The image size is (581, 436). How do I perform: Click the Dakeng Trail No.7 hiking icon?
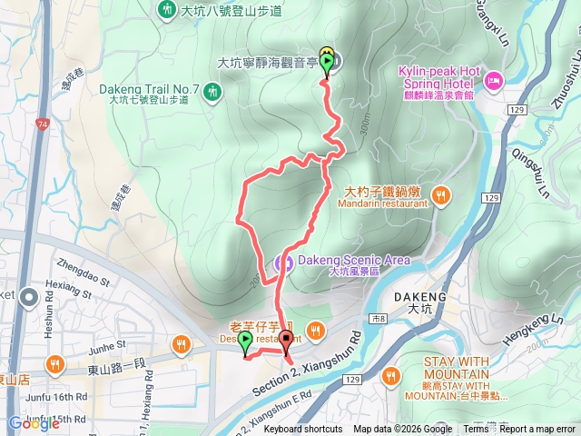pos(212,91)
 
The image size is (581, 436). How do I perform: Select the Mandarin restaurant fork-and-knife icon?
pos(440,193)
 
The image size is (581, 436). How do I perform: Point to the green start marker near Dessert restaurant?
pos(245,342)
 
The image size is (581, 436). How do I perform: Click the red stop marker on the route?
pos(287,342)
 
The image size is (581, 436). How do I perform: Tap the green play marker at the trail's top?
pos(327,62)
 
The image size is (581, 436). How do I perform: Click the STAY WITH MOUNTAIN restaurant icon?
pos(392,374)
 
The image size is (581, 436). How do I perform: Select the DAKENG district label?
pos(420,297)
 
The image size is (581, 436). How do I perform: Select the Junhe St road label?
pos(107,346)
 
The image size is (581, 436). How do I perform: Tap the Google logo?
pos(34,423)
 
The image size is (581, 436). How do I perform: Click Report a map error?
pos(538,430)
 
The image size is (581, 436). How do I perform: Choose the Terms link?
pos(476,430)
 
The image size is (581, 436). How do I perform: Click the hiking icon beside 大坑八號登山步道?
pos(167,11)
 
